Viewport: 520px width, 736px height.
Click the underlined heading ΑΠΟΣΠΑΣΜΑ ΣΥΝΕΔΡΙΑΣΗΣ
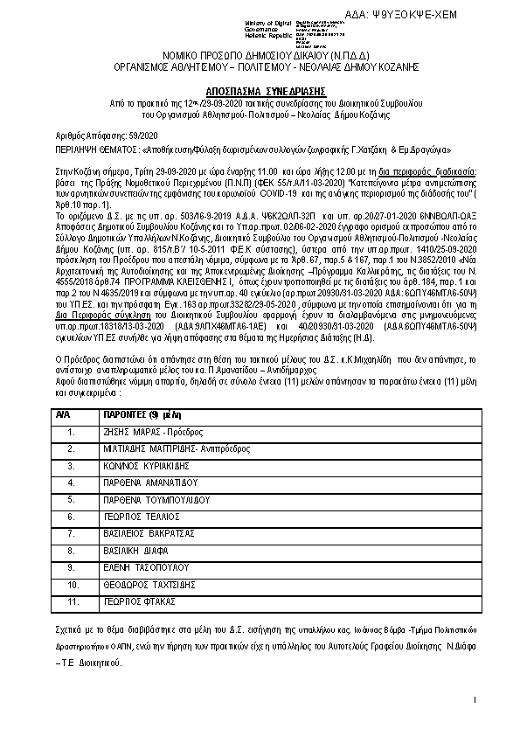point(260,90)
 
